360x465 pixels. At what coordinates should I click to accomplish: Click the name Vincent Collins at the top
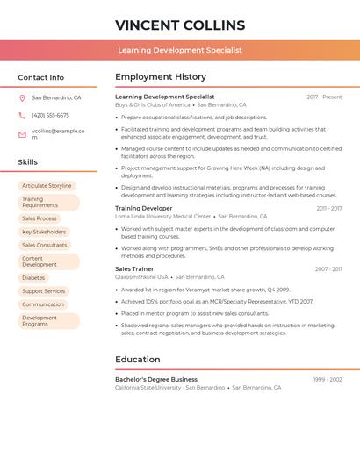(180, 25)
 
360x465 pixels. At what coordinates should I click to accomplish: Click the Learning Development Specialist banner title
(180, 51)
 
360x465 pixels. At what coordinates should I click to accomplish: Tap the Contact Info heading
(40, 77)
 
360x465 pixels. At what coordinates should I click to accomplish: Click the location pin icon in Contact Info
(22, 98)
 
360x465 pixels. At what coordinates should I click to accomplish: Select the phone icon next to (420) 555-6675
(22, 116)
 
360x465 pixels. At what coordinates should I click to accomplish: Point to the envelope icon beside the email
(22, 134)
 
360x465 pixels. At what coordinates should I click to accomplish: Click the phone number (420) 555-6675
(50, 116)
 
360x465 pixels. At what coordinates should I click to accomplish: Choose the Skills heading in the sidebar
(27, 162)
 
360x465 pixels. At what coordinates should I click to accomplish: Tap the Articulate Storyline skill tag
(47, 186)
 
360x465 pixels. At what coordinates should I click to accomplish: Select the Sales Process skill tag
(39, 218)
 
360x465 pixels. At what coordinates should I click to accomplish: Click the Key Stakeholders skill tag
(43, 232)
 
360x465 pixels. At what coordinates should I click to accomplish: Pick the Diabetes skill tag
(33, 277)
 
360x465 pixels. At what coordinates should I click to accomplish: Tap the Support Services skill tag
(43, 291)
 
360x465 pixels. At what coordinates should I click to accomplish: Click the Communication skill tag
(43, 304)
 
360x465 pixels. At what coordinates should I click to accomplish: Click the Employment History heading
(161, 77)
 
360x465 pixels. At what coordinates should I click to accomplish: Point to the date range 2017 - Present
(324, 97)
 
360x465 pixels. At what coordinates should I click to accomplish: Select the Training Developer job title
(143, 209)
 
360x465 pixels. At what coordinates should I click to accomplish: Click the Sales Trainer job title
(134, 269)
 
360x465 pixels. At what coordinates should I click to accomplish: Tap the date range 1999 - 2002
(327, 380)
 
